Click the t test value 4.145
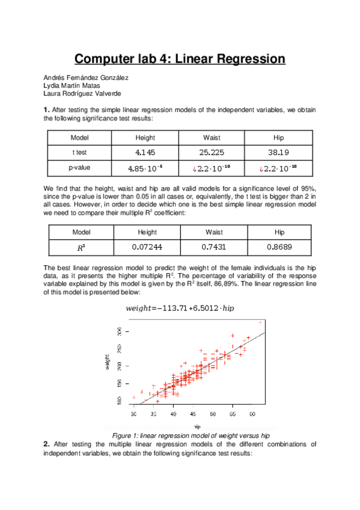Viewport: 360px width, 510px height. [147, 152]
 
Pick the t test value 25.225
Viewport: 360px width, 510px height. [212, 152]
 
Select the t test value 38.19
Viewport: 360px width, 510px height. [278, 152]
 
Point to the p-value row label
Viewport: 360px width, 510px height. [80, 167]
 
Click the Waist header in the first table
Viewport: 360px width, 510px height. [212, 138]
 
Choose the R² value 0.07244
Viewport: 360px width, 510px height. [147, 247]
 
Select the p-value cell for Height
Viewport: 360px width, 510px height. [147, 167]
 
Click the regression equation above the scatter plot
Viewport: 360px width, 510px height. [180, 309]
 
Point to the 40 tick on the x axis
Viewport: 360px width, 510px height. [173, 414]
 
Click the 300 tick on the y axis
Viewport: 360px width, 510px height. [120, 331]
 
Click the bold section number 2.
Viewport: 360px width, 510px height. [46, 444]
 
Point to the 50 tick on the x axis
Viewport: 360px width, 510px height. [213, 414]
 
